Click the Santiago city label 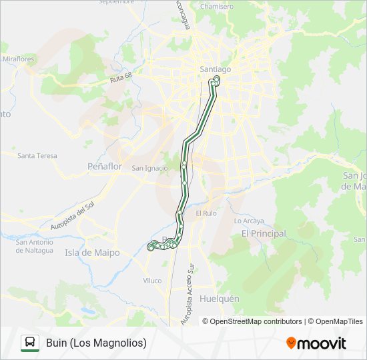(x=215, y=69)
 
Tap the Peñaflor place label (x=105, y=167)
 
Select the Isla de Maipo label (x=92, y=253)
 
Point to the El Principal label (x=264, y=233)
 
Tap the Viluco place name (x=152, y=281)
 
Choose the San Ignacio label (x=150, y=168)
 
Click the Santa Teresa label (x=37, y=156)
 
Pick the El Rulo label (x=206, y=213)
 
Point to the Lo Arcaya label (x=249, y=221)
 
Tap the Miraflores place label (x=18, y=59)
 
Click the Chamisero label (x=217, y=7)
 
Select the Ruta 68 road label (x=120, y=80)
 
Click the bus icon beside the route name (x=30, y=343)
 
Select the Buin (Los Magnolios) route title (x=96, y=343)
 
